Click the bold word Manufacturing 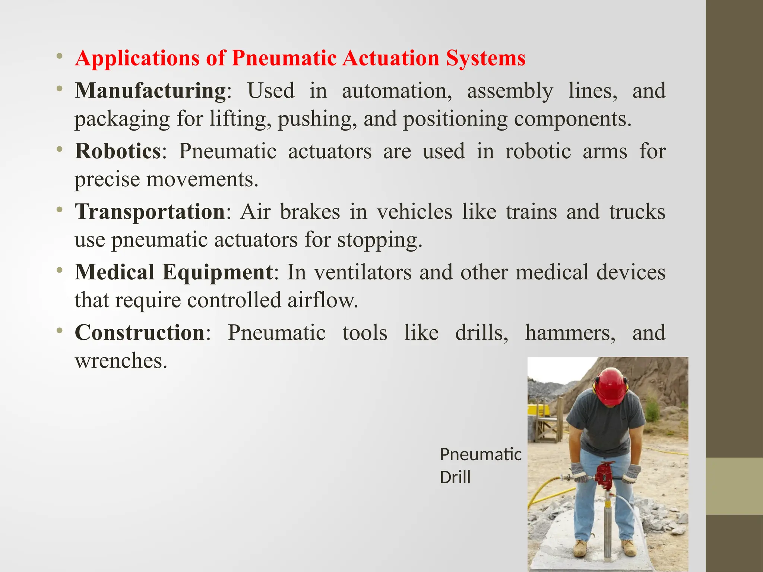pos(150,90)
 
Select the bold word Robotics pos(118,151)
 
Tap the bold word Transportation pos(150,212)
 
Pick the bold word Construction pos(140,332)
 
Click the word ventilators pos(363,272)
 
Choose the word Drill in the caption pos(455,477)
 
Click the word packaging pos(122,119)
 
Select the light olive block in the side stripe pos(734,486)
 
